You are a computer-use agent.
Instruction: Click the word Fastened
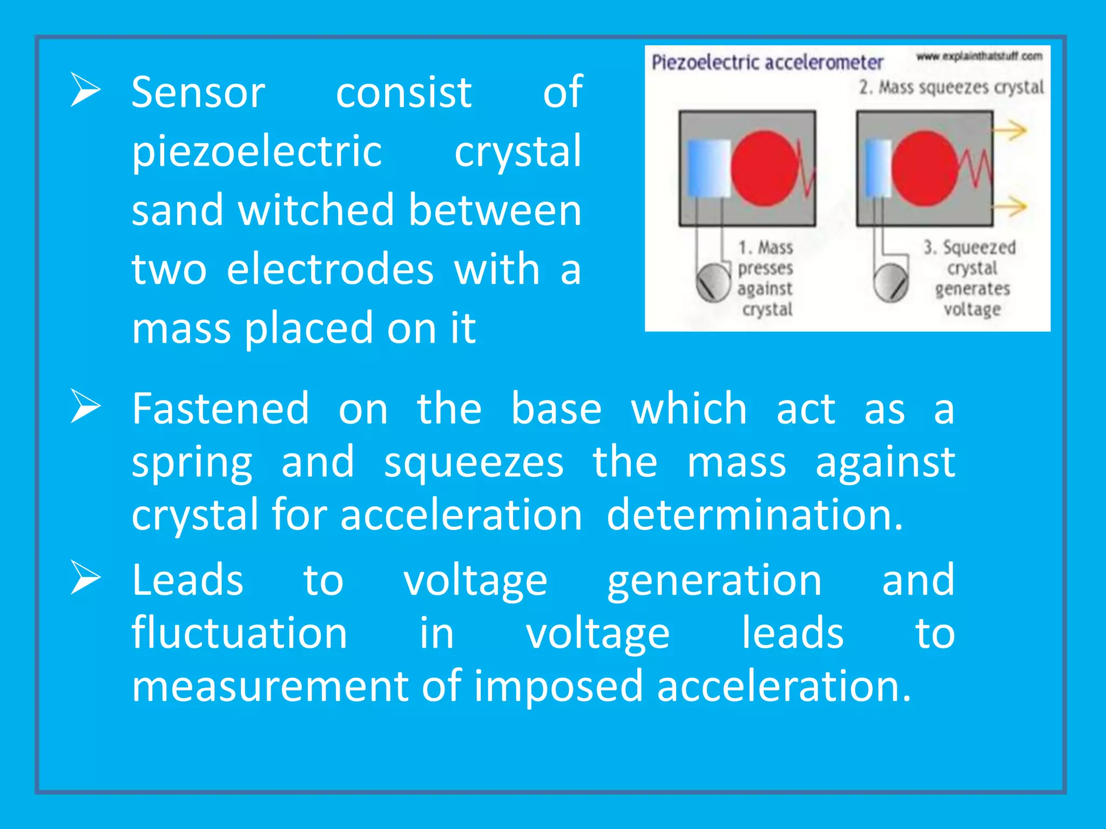tap(221, 409)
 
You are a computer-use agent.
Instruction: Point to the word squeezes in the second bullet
tap(474, 463)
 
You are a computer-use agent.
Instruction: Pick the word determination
tap(754, 515)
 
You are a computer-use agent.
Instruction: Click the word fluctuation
tap(239, 633)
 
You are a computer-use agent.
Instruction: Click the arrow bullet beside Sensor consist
tap(85, 90)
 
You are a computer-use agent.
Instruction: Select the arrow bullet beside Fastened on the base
tap(85, 406)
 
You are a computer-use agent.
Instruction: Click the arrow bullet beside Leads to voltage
tap(85, 578)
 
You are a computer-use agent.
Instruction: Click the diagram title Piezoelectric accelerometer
tap(767, 63)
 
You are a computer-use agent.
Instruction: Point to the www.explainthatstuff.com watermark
tap(979, 56)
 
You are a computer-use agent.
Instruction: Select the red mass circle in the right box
tap(925, 168)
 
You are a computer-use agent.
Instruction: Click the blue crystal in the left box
tap(709, 168)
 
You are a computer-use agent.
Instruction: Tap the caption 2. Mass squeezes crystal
tap(951, 87)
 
